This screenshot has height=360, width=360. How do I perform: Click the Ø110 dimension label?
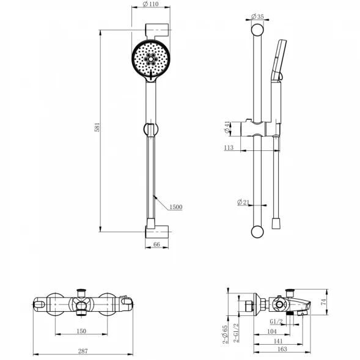[150, 4]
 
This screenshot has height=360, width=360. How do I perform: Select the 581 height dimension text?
[97, 127]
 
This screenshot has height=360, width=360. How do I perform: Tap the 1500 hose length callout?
[176, 207]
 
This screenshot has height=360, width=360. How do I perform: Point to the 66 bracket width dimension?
[156, 244]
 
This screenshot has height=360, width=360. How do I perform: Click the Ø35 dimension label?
[257, 17]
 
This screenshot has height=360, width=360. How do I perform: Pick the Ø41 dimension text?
[227, 127]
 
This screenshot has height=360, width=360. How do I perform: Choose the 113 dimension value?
[229, 147]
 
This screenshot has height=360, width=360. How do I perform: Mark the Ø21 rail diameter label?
[243, 202]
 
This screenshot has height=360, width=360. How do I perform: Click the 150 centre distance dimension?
[81, 331]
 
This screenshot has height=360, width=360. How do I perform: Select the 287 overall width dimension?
[83, 351]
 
